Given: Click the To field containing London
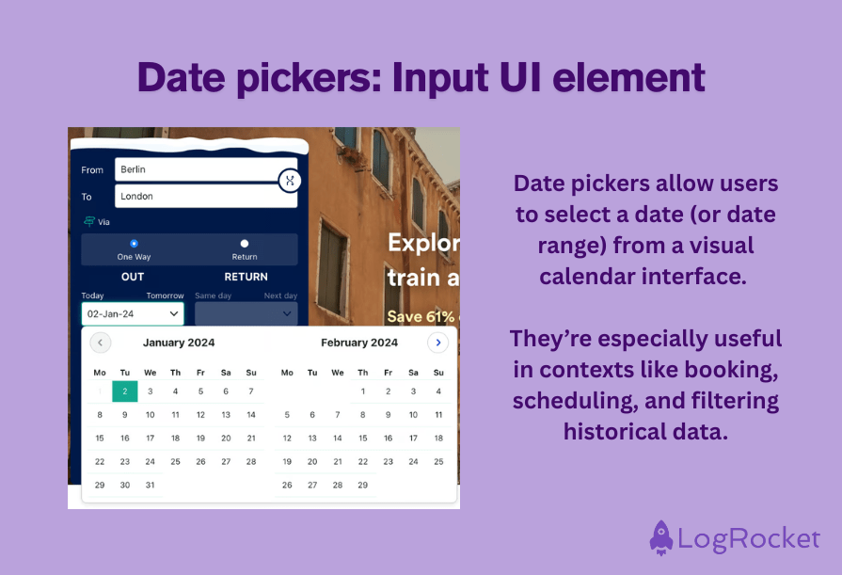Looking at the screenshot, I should pos(205,196).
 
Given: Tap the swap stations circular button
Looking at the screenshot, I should pos(290,180).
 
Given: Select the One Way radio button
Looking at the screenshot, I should pos(134,244).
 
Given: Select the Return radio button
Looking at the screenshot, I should pos(245,244).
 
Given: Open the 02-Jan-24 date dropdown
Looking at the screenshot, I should pos(133,313).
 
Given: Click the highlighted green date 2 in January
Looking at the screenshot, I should pos(125,391).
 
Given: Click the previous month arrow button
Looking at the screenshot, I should pos(100,343).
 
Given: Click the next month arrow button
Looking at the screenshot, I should pos(437,343).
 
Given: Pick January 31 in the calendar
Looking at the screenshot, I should pos(150,486).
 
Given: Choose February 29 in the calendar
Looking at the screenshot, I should pos(363,486).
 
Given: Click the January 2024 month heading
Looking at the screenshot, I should pos(179,343).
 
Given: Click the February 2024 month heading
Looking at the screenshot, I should pos(358,343).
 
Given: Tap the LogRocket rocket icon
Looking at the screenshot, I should pos(661,537).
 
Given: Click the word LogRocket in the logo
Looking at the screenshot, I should pos(750,539).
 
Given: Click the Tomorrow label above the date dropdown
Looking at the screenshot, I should pos(165,295).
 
